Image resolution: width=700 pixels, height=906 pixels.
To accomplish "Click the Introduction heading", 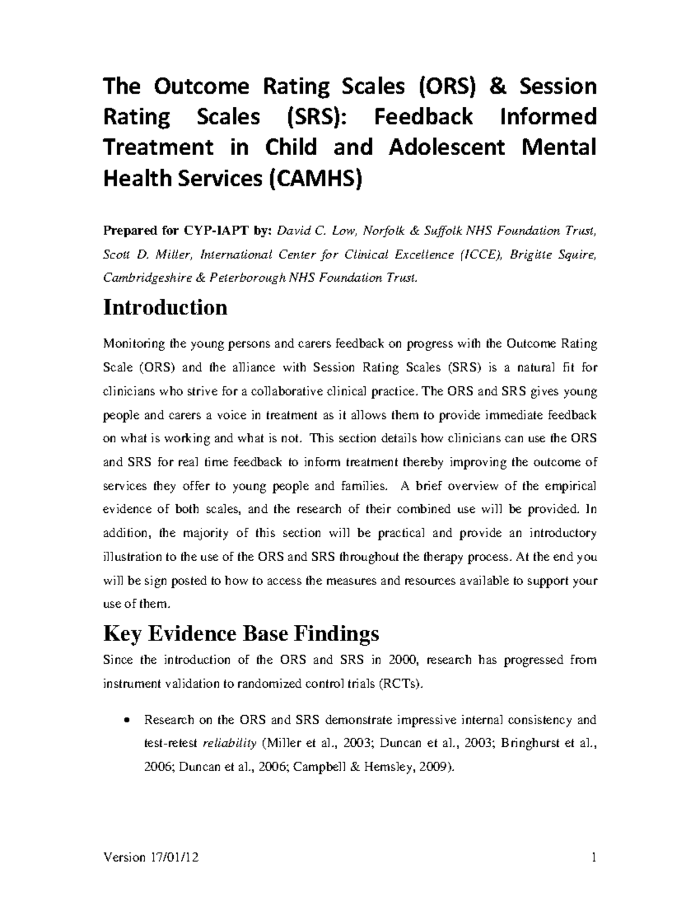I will coord(165,307).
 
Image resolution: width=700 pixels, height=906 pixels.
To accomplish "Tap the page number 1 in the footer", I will coord(593,857).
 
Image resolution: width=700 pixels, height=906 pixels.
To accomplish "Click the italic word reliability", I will coord(229,744).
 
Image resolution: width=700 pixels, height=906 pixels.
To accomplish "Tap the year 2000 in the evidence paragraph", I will coord(402,660).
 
